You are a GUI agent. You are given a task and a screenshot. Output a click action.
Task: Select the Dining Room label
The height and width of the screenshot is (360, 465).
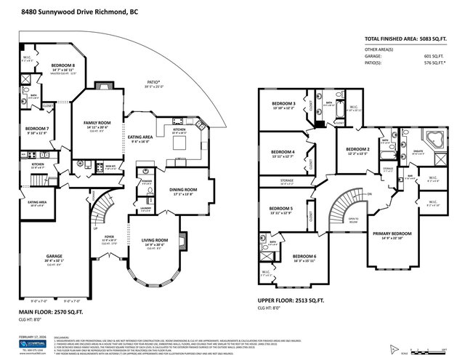(x=183, y=190)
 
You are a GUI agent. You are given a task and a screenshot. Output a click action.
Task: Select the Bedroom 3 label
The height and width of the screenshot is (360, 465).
(x=283, y=103)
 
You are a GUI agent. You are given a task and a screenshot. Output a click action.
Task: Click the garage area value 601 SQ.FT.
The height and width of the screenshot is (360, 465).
(x=434, y=57)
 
